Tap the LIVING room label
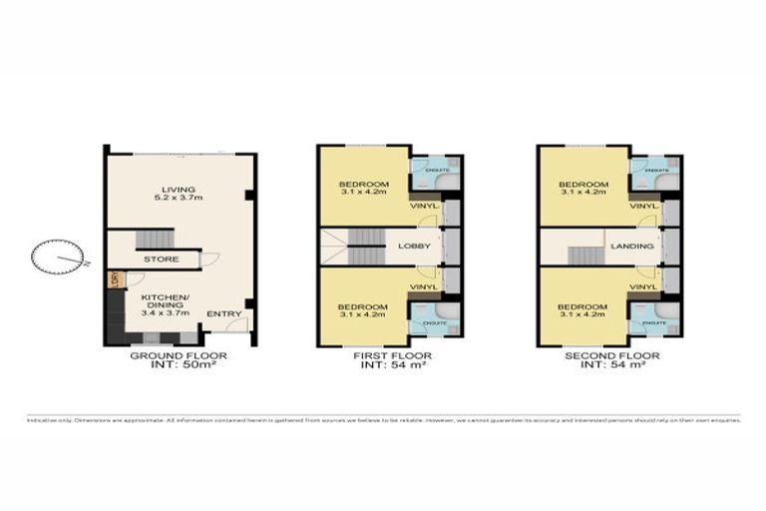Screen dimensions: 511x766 point(181,190)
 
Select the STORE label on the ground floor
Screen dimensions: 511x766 point(161,259)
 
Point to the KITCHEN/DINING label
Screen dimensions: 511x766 point(161,297)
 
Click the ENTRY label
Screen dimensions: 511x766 point(224,314)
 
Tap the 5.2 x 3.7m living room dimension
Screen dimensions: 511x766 point(181,200)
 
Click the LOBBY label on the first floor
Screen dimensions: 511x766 point(413,246)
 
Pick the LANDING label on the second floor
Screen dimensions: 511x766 point(633,246)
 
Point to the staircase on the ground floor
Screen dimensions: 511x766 point(154,239)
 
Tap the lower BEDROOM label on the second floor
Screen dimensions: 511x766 point(581,306)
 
